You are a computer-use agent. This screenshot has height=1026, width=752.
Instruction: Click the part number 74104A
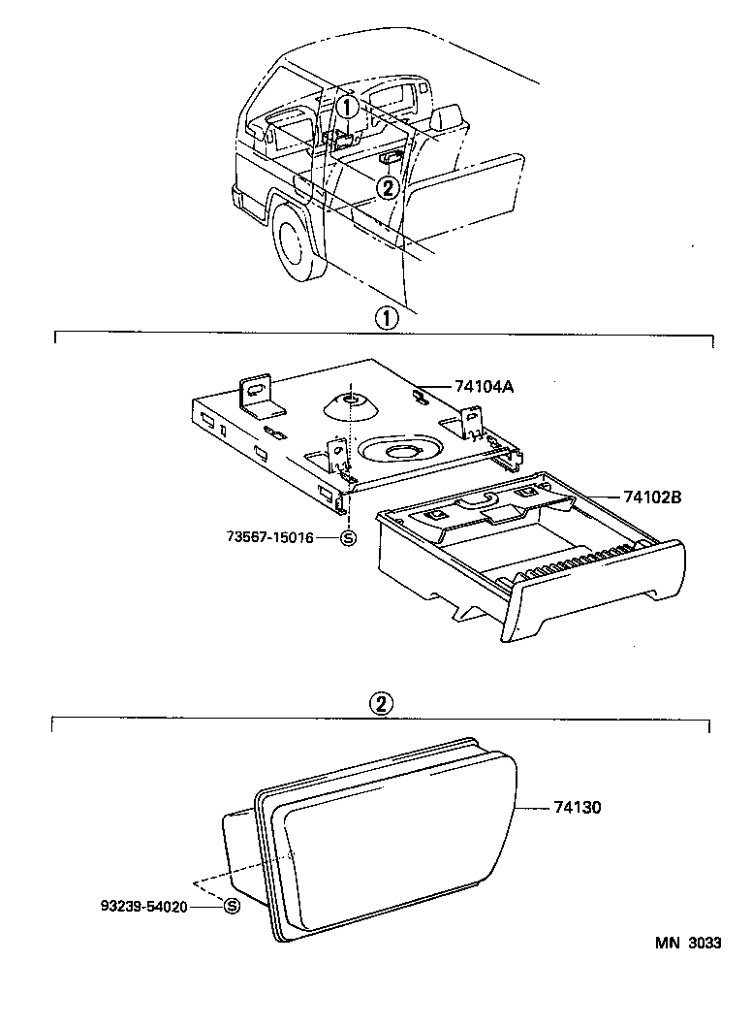pyautogui.click(x=484, y=386)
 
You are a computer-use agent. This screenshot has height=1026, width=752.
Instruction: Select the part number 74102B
pyautogui.click(x=652, y=497)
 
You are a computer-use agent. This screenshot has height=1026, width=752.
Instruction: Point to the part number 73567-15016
pyautogui.click(x=270, y=537)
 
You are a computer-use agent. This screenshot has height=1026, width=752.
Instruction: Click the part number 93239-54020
pyautogui.click(x=155, y=906)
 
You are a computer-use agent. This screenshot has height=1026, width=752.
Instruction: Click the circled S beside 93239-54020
pyautogui.click(x=232, y=906)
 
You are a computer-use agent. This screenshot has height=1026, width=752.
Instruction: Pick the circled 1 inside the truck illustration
pyautogui.click(x=348, y=105)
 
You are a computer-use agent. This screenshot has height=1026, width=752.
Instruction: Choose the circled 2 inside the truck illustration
pyautogui.click(x=388, y=187)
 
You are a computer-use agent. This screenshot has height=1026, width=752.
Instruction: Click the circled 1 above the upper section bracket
pyautogui.click(x=386, y=317)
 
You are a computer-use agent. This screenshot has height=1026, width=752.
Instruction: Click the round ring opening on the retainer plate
pyautogui.click(x=399, y=449)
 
